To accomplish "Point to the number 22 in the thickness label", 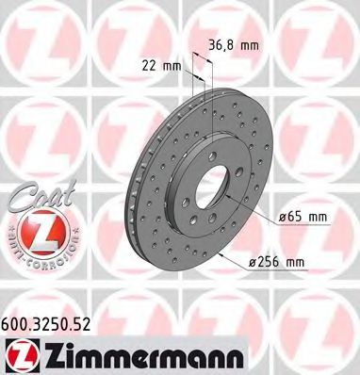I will click(149, 66).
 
